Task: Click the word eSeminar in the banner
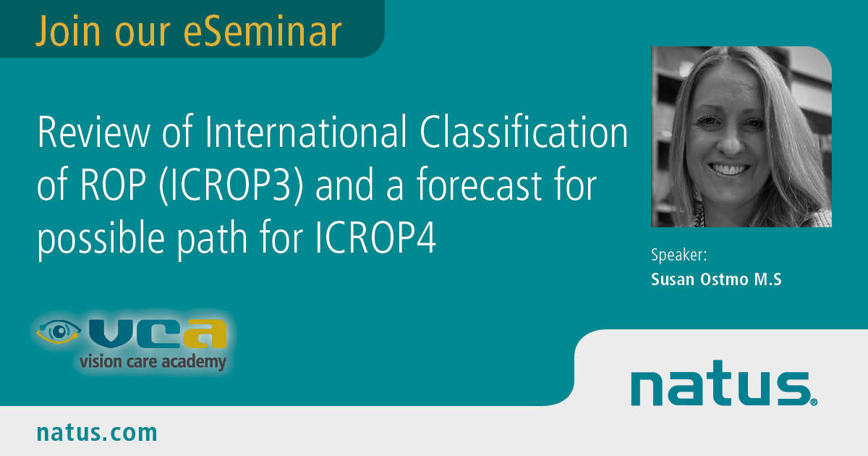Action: point(263,31)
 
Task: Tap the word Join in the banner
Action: point(68,31)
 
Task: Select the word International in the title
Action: point(305,132)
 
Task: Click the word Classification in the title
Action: point(524,132)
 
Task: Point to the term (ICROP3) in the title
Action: point(231,185)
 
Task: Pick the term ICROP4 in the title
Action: point(376,237)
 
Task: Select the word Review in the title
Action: point(93,132)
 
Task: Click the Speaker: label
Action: point(679,255)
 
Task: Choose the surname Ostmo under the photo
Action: point(724,279)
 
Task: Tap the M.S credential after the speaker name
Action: point(767,279)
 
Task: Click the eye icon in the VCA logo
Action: point(59,332)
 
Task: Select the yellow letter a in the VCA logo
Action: point(205,334)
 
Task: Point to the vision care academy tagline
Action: point(153,362)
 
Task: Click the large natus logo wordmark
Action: point(720,384)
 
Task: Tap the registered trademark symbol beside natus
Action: point(814,402)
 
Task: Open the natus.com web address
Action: point(97,433)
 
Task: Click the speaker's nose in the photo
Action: point(731,142)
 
